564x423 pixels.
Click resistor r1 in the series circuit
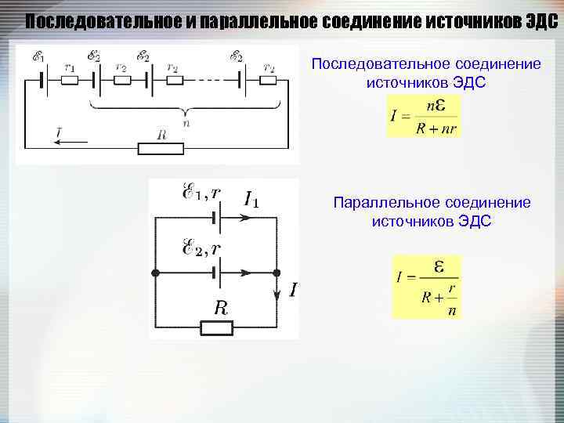pos(70,79)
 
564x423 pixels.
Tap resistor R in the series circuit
pos(161,147)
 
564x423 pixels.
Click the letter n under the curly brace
pos(186,121)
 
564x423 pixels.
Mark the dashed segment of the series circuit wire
pos(209,79)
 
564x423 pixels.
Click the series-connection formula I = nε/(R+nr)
pos(424,116)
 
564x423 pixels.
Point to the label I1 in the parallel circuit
pos(251,200)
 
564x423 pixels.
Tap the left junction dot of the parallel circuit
pos(155,273)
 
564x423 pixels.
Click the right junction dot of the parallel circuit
pos(277,273)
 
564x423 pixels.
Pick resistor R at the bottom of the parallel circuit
pos(217,326)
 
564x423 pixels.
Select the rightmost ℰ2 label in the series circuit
pos(236,57)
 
